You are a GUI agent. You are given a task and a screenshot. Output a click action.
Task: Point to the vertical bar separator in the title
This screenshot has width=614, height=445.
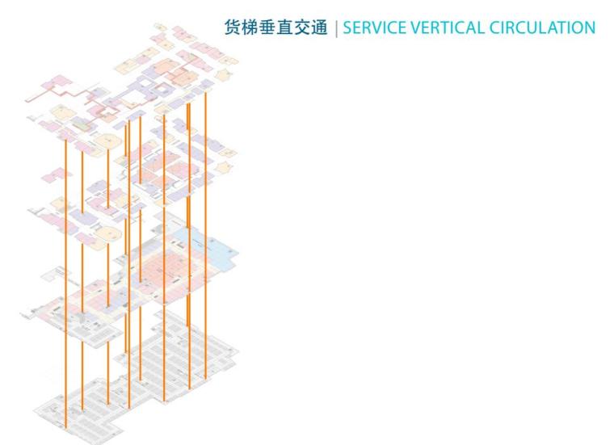tap(335, 27)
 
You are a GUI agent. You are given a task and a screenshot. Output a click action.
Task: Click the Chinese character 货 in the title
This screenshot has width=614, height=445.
tap(232, 27)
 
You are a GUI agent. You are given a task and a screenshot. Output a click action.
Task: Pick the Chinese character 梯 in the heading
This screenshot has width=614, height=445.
tap(250, 27)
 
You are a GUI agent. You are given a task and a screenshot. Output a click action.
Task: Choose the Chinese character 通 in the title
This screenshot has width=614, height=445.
tap(321, 27)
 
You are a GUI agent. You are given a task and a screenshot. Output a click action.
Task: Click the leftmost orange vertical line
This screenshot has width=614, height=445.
tap(65, 283)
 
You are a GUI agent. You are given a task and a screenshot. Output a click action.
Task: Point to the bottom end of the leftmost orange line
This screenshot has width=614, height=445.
tap(65, 426)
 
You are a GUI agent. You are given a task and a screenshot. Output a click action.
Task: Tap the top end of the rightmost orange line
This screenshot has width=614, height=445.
tap(205, 94)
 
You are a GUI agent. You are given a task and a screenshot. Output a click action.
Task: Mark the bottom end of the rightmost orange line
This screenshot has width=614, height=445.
tap(205, 377)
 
